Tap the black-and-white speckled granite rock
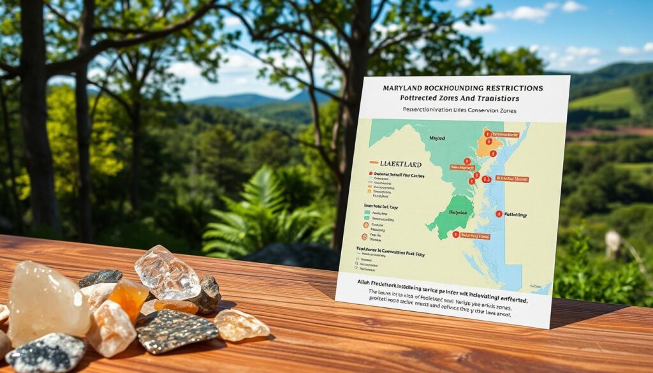click(x=46, y=353)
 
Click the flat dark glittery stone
click(x=177, y=331)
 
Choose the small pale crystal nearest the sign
click(x=242, y=325)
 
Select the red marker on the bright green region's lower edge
click(x=456, y=234)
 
